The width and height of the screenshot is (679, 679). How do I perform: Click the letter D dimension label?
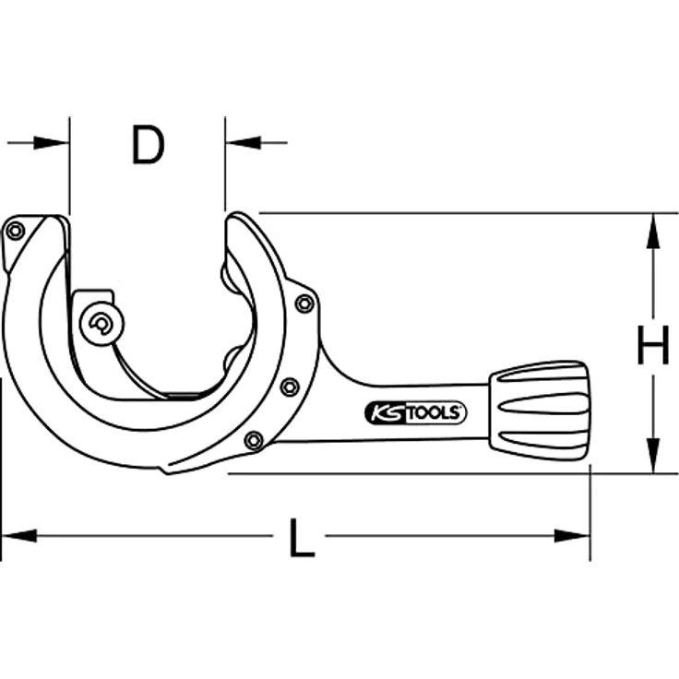tap(147, 145)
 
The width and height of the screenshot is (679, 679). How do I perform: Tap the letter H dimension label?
tap(652, 350)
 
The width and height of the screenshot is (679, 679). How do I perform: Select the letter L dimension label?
tap(301, 538)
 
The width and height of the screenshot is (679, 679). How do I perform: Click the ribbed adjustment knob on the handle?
tap(541, 410)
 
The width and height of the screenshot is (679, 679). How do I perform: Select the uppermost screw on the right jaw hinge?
tap(304, 303)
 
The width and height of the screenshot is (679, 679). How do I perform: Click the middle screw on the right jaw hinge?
tap(290, 387)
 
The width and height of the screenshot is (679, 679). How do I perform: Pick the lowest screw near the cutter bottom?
tap(254, 441)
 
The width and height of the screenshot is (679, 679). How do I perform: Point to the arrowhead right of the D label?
tap(241, 143)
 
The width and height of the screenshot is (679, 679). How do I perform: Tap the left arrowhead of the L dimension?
tap(18, 535)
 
